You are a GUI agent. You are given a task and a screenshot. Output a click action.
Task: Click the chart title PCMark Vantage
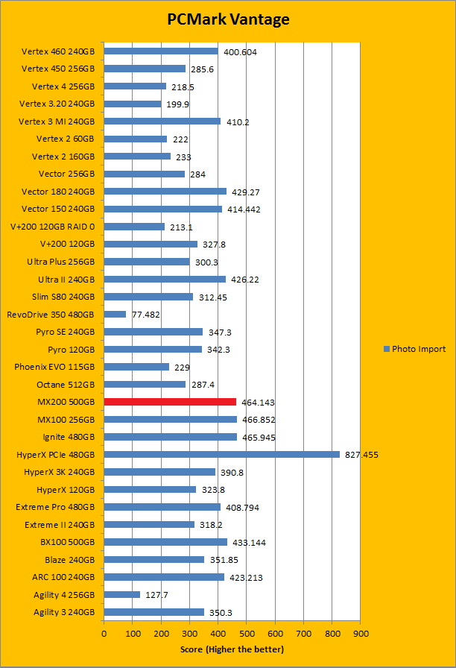coord(228,19)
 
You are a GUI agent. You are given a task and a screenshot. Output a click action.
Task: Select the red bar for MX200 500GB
coord(170,402)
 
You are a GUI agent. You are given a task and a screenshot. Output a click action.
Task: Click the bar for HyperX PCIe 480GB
coord(221,454)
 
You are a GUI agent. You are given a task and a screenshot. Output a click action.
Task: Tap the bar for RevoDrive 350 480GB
coord(115,314)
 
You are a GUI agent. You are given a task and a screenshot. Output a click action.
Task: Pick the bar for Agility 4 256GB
coord(122,594)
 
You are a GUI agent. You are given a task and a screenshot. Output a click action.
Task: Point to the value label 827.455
coord(361,455)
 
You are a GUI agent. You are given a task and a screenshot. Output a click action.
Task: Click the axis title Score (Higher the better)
coord(232,649)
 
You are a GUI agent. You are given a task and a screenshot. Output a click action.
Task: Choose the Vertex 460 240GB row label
coord(59,51)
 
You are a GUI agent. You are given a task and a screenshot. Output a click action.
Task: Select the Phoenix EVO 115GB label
coord(55,367)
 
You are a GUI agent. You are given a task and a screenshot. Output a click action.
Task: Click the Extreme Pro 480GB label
coord(55,507)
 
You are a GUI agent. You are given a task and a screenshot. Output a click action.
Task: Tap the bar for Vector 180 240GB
coord(165,192)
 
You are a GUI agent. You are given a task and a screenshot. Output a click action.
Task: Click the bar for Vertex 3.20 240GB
coord(133,104)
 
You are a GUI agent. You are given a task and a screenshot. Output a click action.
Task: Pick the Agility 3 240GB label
coord(64,612)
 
